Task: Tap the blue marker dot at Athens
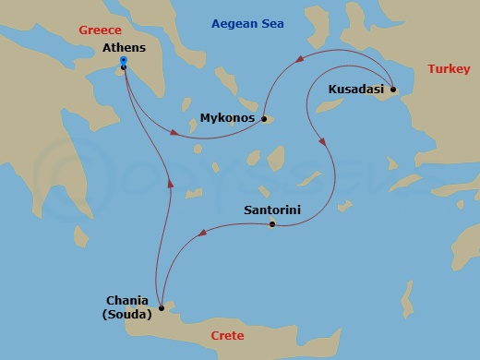tap(124, 63)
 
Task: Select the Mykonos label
tap(227, 118)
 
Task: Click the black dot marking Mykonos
tap(263, 118)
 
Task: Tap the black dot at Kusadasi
tap(393, 90)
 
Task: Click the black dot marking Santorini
tap(271, 224)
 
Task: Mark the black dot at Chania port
tap(162, 308)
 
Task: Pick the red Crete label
tap(227, 335)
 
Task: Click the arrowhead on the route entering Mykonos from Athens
tap(175, 134)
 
